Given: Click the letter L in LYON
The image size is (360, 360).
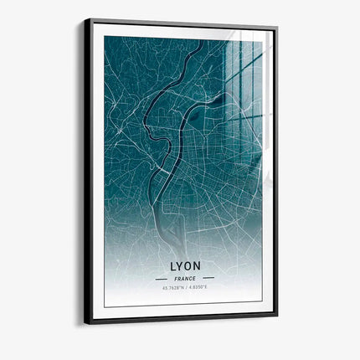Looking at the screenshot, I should [x=173, y=266].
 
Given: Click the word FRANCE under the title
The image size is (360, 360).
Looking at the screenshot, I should [x=185, y=278].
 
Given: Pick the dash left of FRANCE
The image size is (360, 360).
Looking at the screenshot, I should [x=162, y=278].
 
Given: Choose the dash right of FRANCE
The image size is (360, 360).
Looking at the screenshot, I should [x=208, y=278].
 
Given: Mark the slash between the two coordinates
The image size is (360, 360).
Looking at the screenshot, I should [x=186, y=288].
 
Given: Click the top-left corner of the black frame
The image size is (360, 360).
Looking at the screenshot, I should [x=85, y=19].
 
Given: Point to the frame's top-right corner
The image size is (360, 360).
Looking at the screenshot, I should [x=277, y=28].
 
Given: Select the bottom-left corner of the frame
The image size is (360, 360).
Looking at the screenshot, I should [x=85, y=323].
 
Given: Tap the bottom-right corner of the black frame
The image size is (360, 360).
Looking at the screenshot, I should [x=277, y=316].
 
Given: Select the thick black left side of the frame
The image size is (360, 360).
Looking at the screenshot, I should [x=88, y=167].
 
